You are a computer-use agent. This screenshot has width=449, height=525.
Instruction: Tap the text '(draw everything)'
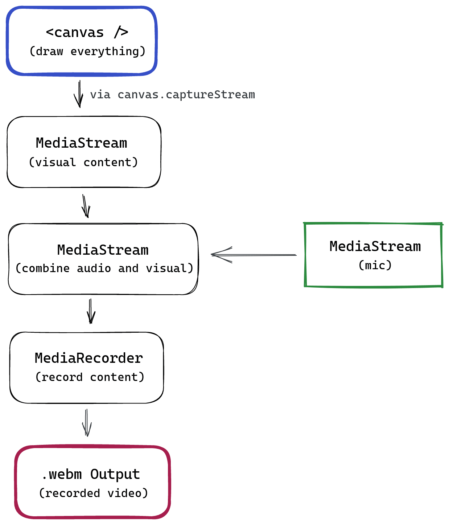tap(87, 52)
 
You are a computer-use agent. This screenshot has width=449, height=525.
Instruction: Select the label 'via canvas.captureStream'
tap(172, 95)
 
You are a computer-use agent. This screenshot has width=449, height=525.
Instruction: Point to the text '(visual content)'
tap(83, 162)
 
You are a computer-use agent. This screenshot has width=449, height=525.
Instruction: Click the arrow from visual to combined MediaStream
tap(86, 206)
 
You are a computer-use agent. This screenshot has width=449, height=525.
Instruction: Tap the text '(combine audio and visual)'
tap(104, 268)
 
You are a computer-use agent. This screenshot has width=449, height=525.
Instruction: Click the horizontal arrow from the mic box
tap(254, 255)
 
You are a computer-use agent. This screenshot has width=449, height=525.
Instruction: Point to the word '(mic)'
tap(375, 265)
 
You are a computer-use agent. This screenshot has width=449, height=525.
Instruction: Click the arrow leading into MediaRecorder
tap(91, 311)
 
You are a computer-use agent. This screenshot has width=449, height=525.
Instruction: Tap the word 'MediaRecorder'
tap(89, 358)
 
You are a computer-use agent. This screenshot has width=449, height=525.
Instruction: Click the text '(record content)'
tap(90, 377)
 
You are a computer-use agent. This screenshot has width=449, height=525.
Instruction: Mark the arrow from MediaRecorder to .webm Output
tap(87, 423)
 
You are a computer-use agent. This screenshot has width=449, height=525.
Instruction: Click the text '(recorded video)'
tap(94, 493)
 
